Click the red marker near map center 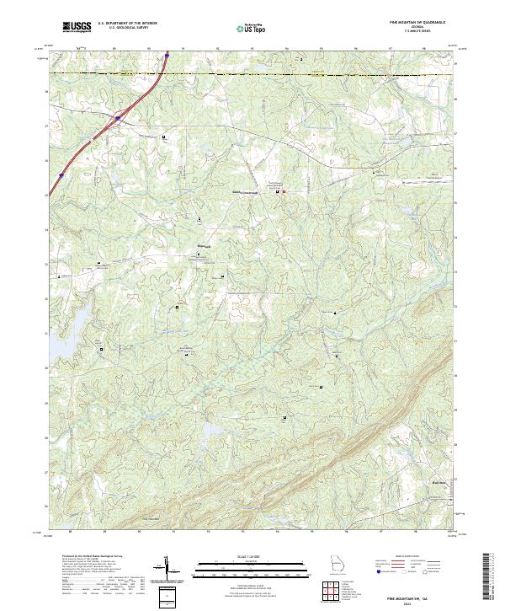click(x=284, y=192)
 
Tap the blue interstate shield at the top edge click(x=167, y=56)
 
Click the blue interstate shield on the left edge click(x=61, y=176)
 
